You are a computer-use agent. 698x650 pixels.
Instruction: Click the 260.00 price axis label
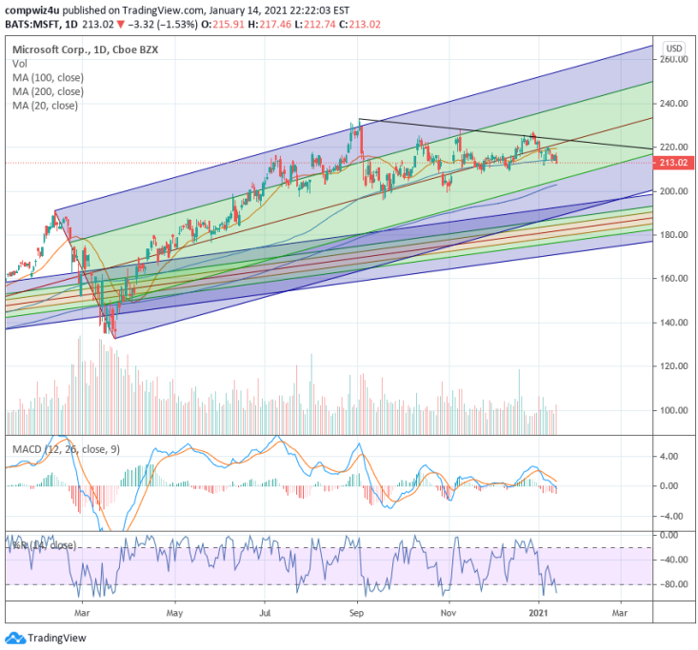tap(674, 59)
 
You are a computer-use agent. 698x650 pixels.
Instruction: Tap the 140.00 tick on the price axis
tap(674, 323)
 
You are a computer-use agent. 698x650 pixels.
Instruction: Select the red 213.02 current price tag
tap(674, 163)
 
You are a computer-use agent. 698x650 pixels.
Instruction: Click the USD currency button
tap(674, 48)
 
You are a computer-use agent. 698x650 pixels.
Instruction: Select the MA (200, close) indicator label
tap(49, 91)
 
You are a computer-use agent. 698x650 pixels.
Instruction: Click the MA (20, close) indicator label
tap(46, 106)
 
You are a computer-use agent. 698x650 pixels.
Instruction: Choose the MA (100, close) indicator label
tap(49, 77)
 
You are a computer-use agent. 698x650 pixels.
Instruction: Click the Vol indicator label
tap(20, 63)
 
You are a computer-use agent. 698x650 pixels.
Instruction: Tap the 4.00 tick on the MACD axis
tap(672, 456)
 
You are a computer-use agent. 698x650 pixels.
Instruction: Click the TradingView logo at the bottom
tap(47, 638)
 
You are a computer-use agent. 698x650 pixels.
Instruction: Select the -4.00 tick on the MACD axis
tap(672, 516)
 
